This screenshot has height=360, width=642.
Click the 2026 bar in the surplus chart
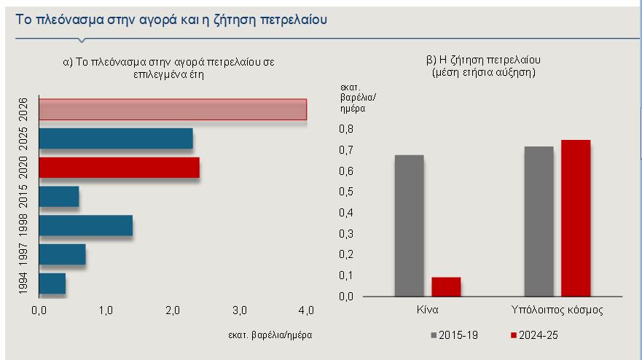tap(173, 109)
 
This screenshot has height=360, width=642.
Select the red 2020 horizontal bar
tap(119, 168)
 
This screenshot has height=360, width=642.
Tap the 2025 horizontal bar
tap(116, 138)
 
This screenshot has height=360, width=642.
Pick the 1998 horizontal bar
tap(85, 225)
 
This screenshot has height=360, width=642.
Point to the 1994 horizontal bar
tap(52, 283)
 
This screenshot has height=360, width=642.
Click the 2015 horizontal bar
tap(58, 197)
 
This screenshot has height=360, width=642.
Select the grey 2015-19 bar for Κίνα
tap(409, 226)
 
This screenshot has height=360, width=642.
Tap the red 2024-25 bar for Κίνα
tap(446, 287)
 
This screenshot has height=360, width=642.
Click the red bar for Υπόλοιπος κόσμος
tap(576, 218)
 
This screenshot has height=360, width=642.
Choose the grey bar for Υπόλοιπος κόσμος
tap(539, 222)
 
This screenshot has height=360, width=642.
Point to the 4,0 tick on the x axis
tap(306, 311)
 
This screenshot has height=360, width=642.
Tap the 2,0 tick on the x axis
tap(173, 311)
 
